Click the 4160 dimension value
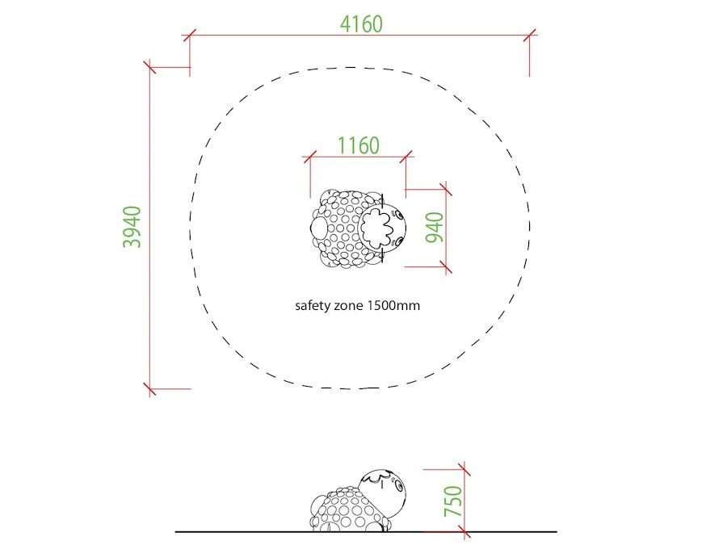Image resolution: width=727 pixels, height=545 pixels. click(x=361, y=24)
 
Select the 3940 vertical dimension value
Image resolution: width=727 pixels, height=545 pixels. click(x=132, y=227)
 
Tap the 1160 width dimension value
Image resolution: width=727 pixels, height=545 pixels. click(x=358, y=145)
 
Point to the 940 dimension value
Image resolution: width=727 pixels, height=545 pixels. click(x=435, y=227)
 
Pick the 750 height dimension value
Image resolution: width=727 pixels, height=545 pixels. click(x=453, y=501)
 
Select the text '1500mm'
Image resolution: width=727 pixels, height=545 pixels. click(x=393, y=305)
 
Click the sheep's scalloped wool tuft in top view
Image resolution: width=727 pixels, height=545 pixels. click(x=376, y=227)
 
